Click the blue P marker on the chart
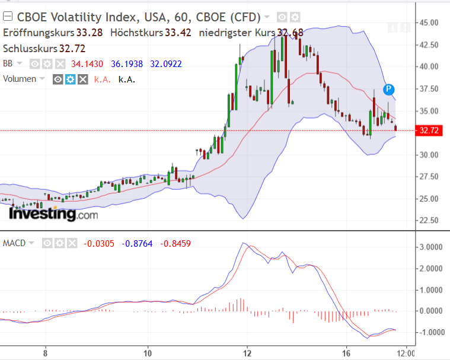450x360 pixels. pyautogui.click(x=388, y=90)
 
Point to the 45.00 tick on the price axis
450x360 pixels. pyautogui.click(x=427, y=23)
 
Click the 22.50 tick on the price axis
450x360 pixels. pyautogui.click(x=427, y=221)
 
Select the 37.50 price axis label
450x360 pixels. pyautogui.click(x=427, y=89)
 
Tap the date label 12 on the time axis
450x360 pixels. pyautogui.click(x=248, y=352)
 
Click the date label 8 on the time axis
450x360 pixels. pyautogui.click(x=45, y=352)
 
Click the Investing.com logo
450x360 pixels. pyautogui.click(x=53, y=214)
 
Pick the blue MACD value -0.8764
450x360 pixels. pyautogui.click(x=138, y=243)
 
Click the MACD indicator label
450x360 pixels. pyautogui.click(x=14, y=243)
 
